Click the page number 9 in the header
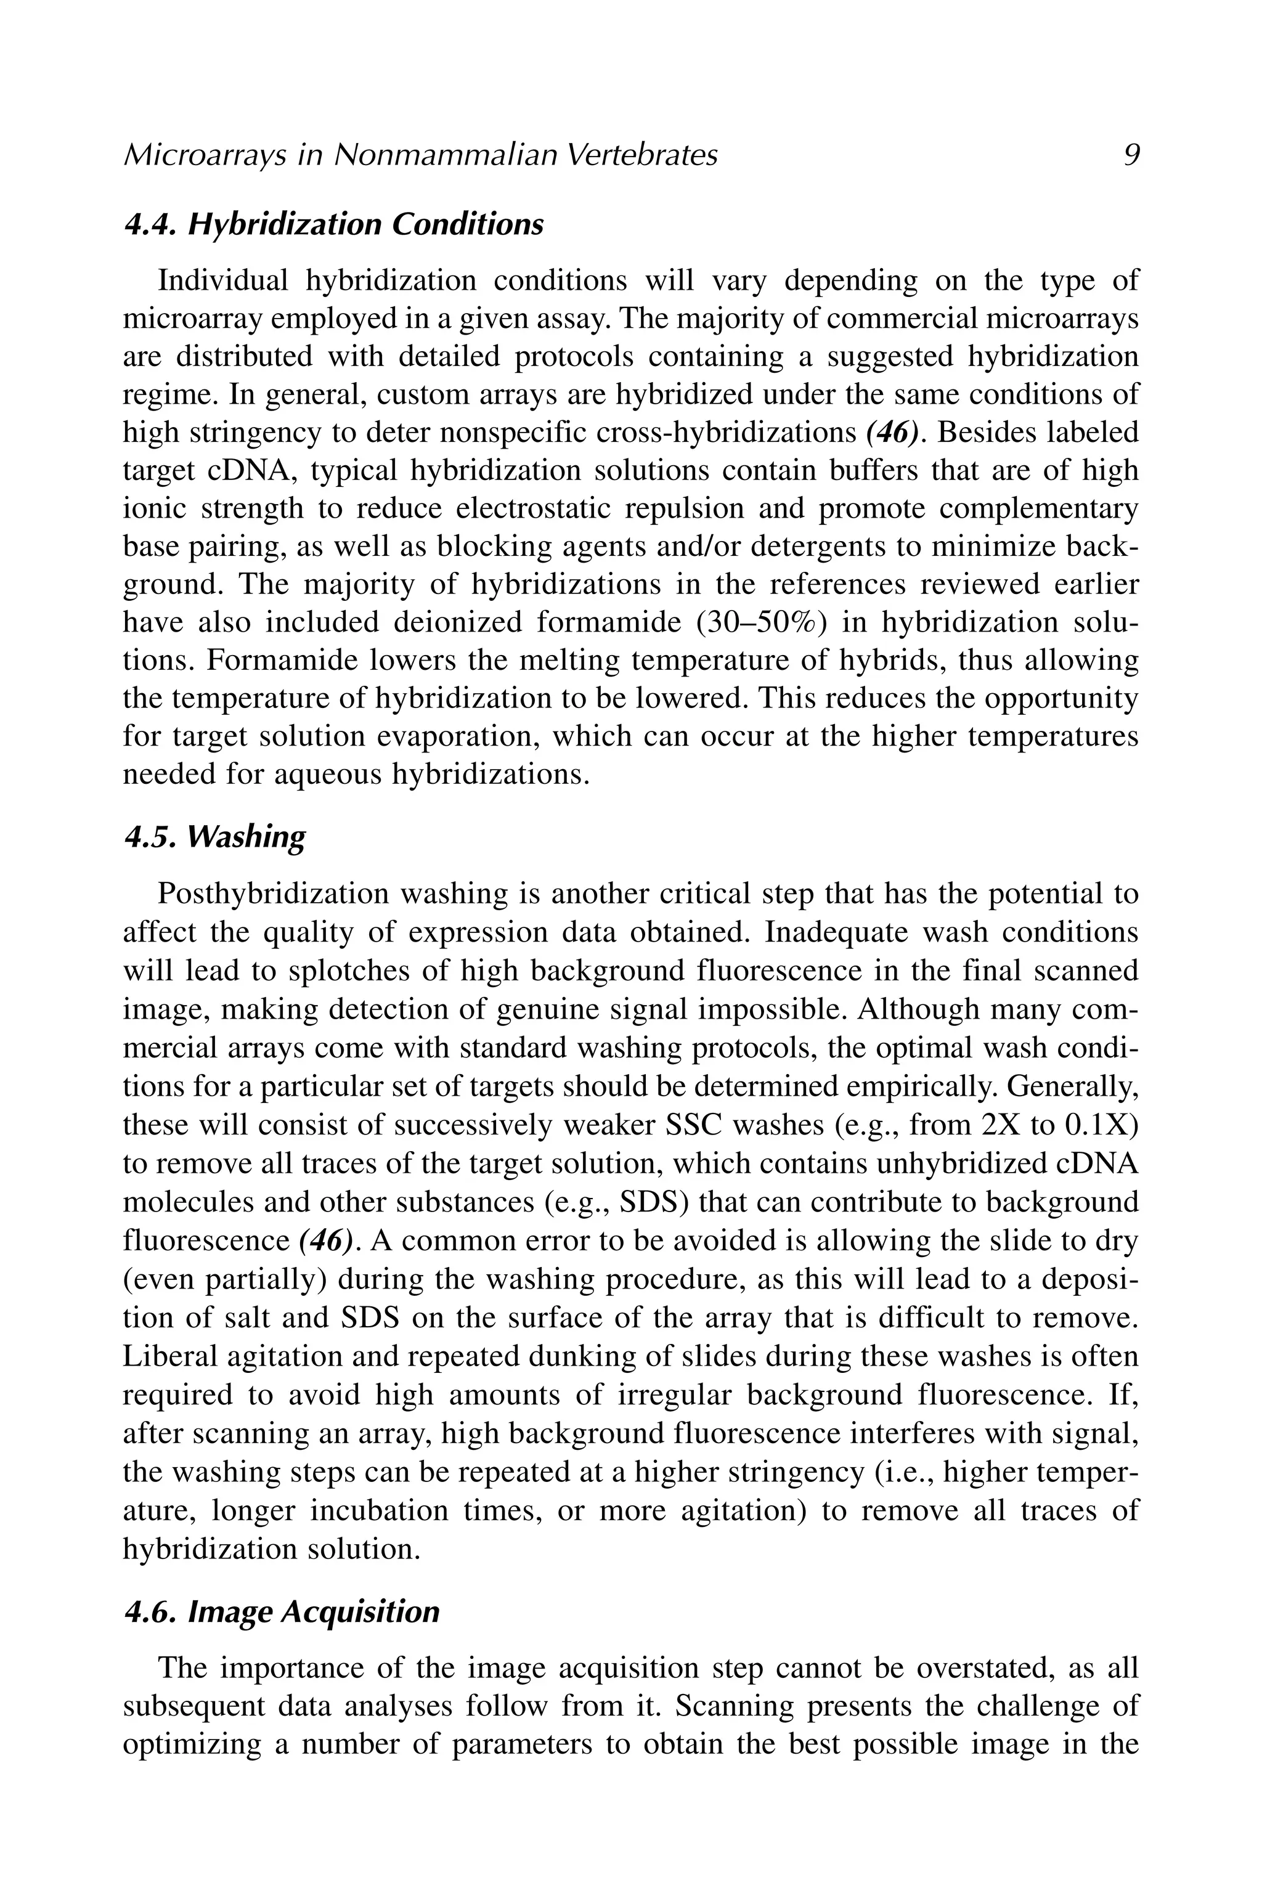pos(1131,155)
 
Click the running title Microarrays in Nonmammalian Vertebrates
pos(420,155)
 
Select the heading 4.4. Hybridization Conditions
pos(334,224)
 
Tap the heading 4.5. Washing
pos(215,837)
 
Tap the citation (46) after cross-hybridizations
pos(892,433)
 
